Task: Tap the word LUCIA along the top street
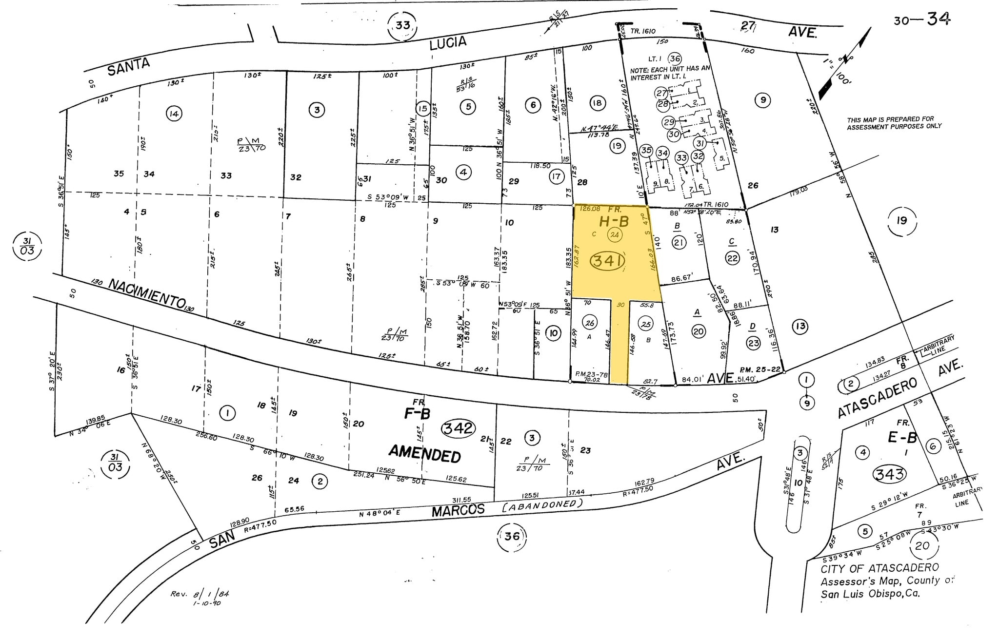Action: click(448, 43)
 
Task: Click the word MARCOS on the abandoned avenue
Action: click(459, 510)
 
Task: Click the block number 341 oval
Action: click(608, 262)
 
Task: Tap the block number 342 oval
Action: click(459, 428)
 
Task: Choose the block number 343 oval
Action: click(890, 473)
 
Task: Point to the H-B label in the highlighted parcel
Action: click(614, 221)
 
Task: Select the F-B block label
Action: click(417, 413)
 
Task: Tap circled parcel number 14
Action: click(174, 114)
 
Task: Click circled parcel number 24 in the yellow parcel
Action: click(615, 235)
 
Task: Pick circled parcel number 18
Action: click(597, 103)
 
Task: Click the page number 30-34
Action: click(922, 19)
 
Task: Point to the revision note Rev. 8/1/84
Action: click(200, 595)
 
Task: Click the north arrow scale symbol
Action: click(845, 63)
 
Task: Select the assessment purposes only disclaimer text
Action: click(894, 123)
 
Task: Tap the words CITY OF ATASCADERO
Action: click(879, 568)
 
